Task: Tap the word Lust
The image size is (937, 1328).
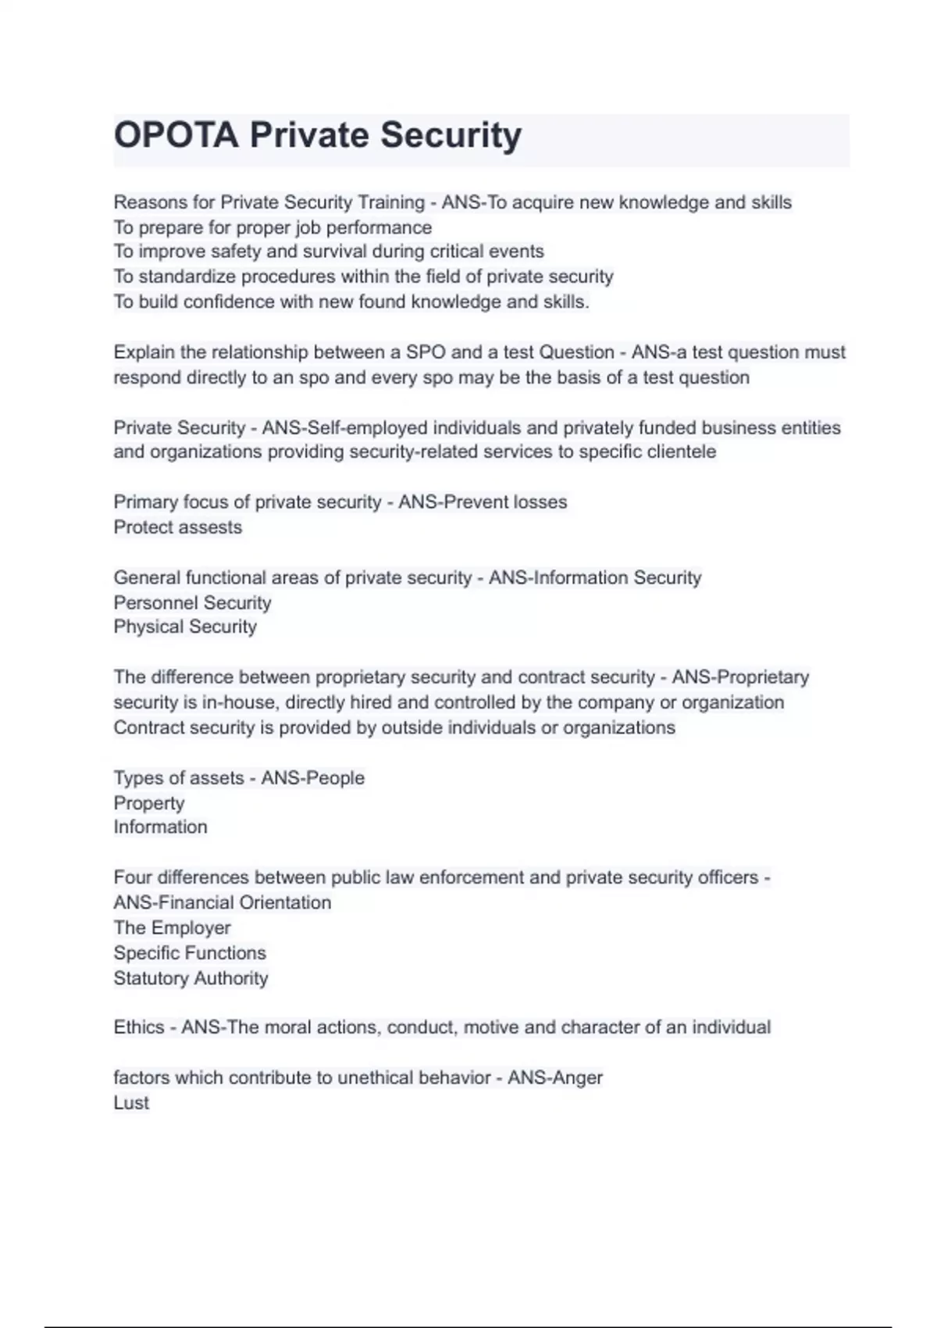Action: pyautogui.click(x=131, y=1102)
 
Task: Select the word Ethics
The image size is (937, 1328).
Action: pyautogui.click(x=138, y=1026)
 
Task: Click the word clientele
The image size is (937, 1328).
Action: pyautogui.click(x=682, y=452)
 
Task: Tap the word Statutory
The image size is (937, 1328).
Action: pyautogui.click(x=151, y=978)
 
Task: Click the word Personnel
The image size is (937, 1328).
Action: pyautogui.click(x=151, y=602)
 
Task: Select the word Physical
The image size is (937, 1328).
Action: pyautogui.click(x=145, y=627)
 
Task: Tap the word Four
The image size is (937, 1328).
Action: pyautogui.click(x=133, y=877)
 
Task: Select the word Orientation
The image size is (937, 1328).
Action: pyautogui.click(x=285, y=902)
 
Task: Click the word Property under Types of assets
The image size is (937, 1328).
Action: pyautogui.click(x=149, y=803)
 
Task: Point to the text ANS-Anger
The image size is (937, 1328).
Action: pyautogui.click(x=555, y=1077)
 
